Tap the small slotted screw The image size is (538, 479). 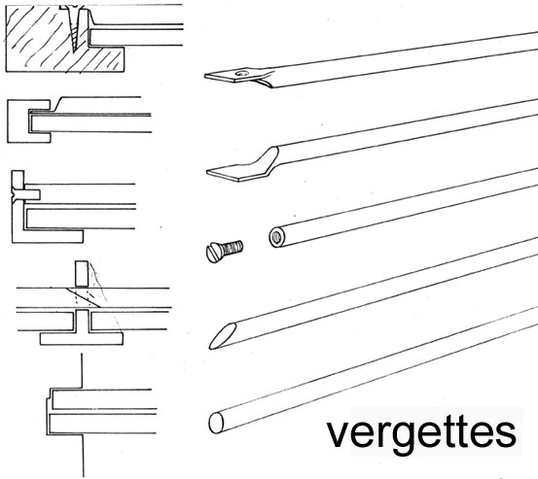pos(225,251)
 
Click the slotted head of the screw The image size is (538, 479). pos(214,253)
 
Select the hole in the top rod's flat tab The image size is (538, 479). pos(242,73)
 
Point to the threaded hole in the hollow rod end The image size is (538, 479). pos(276,237)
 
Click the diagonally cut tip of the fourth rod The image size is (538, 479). pos(223,336)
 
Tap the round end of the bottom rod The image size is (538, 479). pos(216,423)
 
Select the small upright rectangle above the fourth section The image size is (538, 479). pos(82,274)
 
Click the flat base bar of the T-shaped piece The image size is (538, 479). pos(82,338)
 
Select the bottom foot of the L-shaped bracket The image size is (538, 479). pos(48,236)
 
